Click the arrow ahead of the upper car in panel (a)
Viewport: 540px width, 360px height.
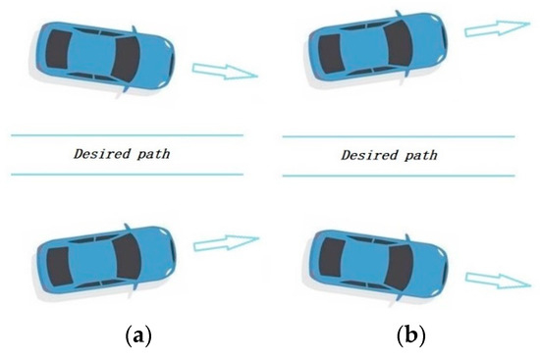(224, 71)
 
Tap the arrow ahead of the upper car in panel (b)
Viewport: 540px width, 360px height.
(494, 29)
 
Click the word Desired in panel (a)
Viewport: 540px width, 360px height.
(97, 154)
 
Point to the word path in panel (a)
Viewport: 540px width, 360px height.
(153, 154)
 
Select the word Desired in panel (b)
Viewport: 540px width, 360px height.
(365, 155)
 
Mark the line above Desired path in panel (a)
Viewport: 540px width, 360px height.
(127, 133)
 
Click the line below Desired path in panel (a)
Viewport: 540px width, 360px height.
(127, 175)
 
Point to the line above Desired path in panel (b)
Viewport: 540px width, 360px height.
(397, 134)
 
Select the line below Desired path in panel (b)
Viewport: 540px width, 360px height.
(397, 176)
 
